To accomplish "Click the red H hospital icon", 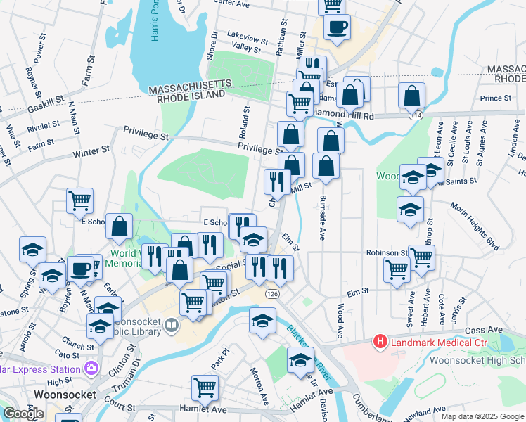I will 380,343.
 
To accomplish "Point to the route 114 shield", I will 418,114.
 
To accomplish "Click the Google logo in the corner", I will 23,414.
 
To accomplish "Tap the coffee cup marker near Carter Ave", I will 337,27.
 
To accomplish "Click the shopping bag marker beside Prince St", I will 411,95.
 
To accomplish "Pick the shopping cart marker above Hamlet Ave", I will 205,387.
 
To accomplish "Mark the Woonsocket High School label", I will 484,361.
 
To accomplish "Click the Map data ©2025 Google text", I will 482,416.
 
